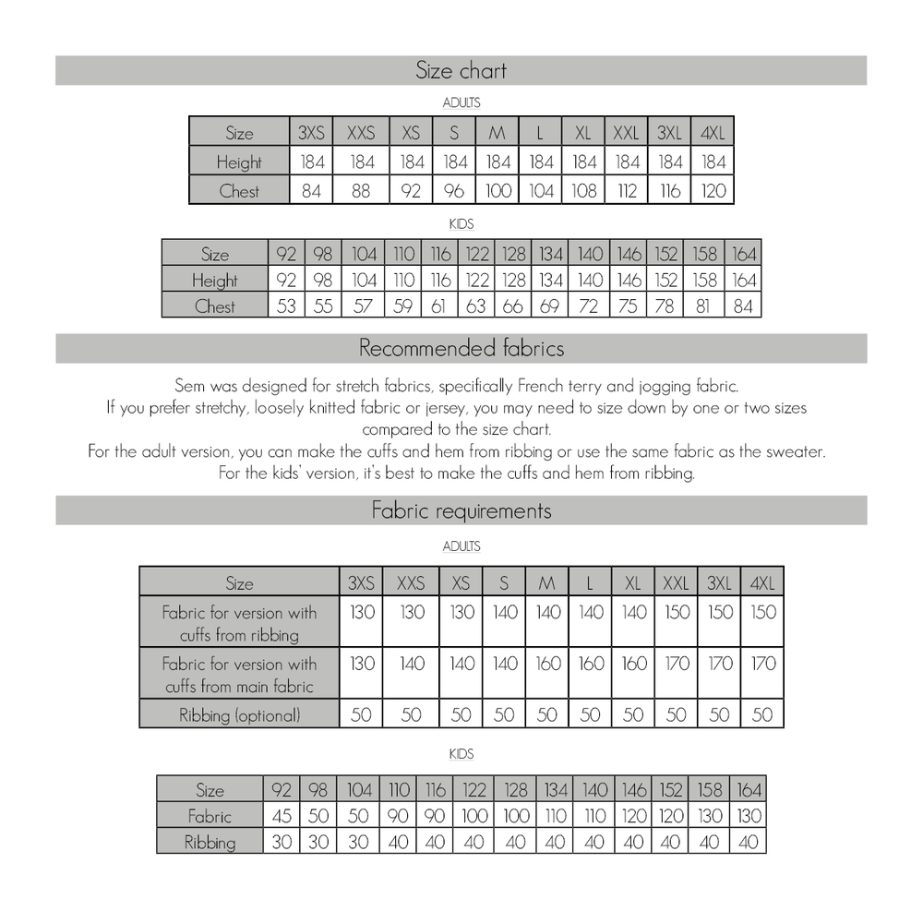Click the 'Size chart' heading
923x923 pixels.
[461, 71]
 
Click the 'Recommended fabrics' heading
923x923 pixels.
[461, 349]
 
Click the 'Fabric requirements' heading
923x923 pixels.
[461, 510]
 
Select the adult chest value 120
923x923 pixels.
[713, 191]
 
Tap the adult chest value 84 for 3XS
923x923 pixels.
[312, 191]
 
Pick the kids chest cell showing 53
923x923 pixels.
[286, 306]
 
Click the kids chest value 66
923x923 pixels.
[513, 306]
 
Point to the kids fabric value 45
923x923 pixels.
[281, 816]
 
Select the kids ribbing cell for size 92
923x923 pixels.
[281, 842]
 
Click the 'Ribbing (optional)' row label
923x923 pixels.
[239, 714]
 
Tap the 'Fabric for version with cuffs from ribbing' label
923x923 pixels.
[239, 623]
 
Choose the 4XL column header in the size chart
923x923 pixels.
[713, 132]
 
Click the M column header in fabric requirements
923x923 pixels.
[546, 583]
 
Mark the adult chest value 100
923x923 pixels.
[497, 191]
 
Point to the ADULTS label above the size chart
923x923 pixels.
[461, 103]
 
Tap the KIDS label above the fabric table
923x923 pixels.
[461, 754]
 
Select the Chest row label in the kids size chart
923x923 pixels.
[214, 306]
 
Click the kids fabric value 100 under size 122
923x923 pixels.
[473, 816]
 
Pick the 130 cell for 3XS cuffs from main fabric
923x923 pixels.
[362, 664]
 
